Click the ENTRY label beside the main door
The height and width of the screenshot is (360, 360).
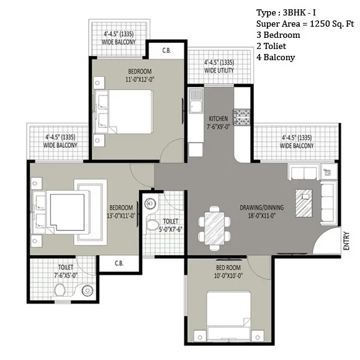click(346, 241)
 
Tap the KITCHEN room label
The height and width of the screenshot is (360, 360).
click(218, 119)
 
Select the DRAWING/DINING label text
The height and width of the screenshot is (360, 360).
click(261, 207)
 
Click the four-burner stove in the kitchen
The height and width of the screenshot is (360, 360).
click(242, 117)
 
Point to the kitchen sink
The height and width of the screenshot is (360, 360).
click(196, 101)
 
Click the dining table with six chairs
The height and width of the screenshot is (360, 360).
click(214, 228)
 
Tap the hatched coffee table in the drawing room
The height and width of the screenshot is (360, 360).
click(304, 203)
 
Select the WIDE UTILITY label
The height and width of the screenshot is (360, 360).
click(219, 70)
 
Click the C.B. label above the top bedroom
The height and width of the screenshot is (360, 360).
click(166, 50)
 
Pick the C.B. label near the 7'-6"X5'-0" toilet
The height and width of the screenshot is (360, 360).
click(119, 263)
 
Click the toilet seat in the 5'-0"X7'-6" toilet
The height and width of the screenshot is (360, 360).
click(152, 225)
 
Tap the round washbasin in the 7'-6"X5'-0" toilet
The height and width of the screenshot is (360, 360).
click(88, 290)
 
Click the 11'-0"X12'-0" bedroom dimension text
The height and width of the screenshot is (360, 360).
click(140, 79)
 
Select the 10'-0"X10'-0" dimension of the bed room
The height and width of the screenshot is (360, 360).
click(228, 276)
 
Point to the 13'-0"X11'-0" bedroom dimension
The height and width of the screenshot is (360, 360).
click(121, 215)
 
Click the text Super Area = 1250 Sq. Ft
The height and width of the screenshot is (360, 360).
click(305, 24)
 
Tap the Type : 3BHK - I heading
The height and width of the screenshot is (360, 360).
click(286, 12)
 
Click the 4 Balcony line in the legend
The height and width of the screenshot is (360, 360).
click(276, 57)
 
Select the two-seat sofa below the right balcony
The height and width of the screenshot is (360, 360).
click(304, 172)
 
